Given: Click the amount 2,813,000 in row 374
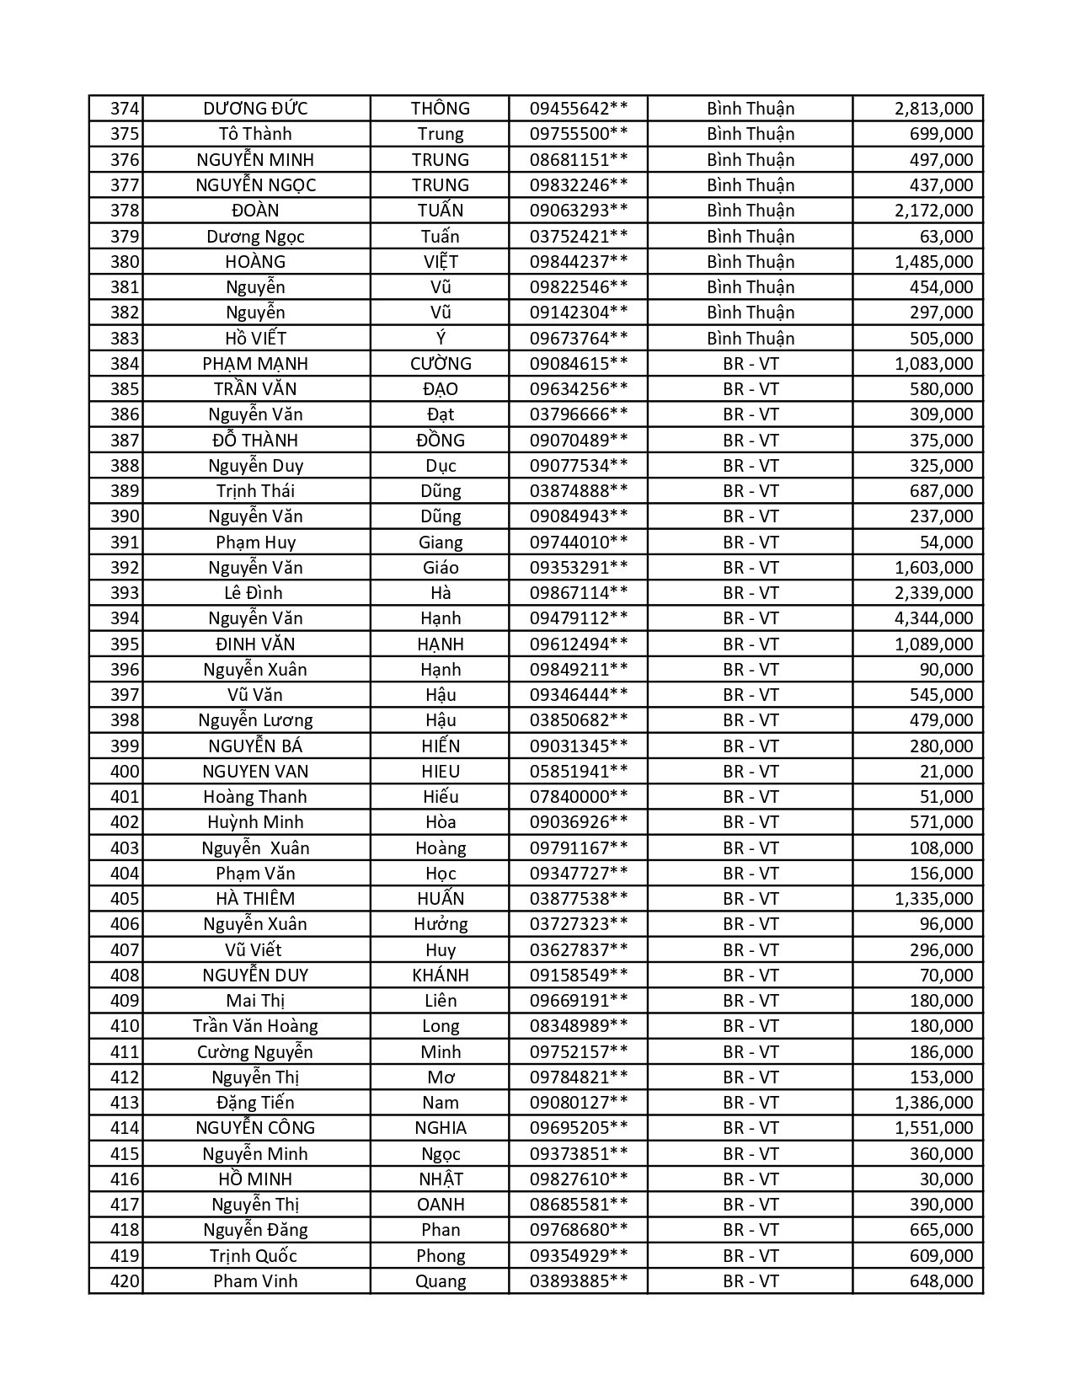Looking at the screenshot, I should (933, 109).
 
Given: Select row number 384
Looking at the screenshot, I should (124, 364).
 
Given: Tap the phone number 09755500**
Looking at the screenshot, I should (578, 134).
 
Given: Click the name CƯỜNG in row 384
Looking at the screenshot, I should (441, 364).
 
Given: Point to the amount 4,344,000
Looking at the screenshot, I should (933, 618).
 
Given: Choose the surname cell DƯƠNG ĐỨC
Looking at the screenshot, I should (255, 109).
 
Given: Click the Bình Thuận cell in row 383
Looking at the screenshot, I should (751, 339).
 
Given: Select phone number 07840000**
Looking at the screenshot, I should (578, 797).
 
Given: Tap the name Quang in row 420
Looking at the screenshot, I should (441, 1281).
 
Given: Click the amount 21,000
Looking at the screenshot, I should (946, 772).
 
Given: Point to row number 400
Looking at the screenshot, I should (124, 772).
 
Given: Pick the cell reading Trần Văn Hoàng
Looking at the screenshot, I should (255, 1026).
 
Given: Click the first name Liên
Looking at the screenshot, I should (441, 1001).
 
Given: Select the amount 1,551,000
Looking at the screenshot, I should (933, 1128).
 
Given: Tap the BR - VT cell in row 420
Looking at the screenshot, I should (751, 1281).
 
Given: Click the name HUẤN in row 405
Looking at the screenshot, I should (441, 899).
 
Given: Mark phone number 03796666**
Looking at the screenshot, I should (578, 414).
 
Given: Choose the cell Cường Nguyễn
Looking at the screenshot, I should (255, 1052).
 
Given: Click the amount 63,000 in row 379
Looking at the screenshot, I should (946, 237).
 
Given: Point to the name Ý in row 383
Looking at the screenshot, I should (441, 339).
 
